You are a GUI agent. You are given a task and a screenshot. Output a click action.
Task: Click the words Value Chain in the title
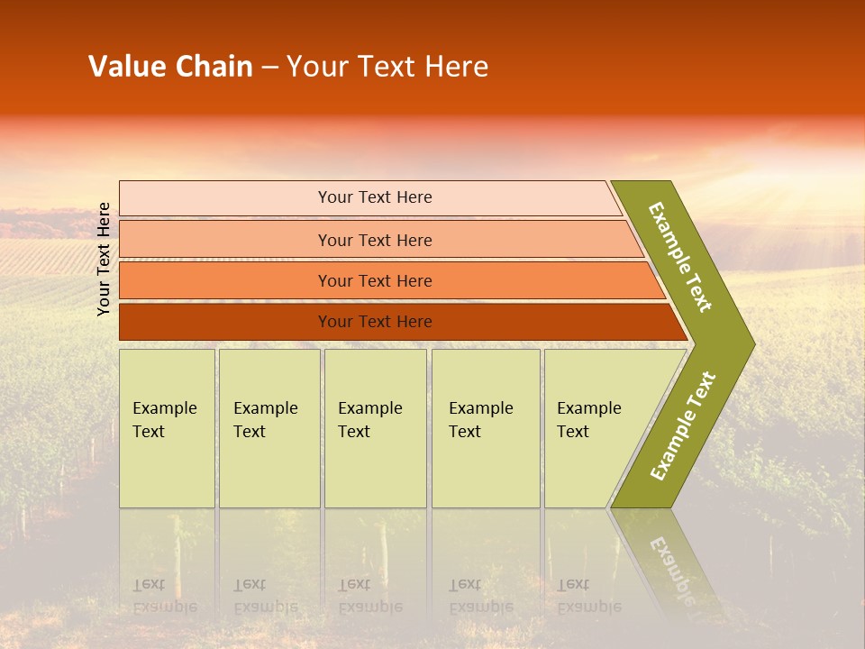click(170, 67)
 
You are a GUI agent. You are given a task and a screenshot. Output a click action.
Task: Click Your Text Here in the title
click(387, 67)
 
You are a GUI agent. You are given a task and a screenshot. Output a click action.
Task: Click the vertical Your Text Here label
click(105, 259)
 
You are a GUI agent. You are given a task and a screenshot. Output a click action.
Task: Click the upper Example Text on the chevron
click(680, 258)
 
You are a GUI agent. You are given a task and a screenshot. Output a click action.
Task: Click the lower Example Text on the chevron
click(683, 425)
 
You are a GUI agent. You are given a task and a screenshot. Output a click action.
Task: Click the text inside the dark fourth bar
click(375, 322)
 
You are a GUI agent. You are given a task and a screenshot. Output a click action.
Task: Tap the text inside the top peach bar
click(375, 197)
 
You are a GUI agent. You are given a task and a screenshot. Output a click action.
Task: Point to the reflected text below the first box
click(164, 596)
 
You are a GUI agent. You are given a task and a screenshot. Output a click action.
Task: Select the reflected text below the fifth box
click(588, 596)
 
